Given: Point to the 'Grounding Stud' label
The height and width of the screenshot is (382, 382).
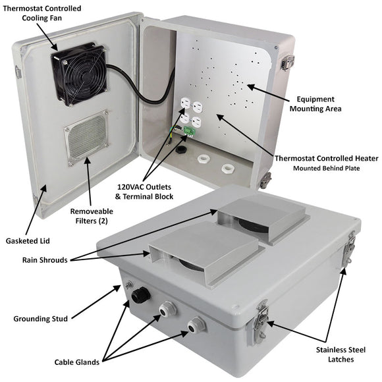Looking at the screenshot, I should (x=40, y=319).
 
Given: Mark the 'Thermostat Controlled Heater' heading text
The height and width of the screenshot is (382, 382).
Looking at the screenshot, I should (x=317, y=158).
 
